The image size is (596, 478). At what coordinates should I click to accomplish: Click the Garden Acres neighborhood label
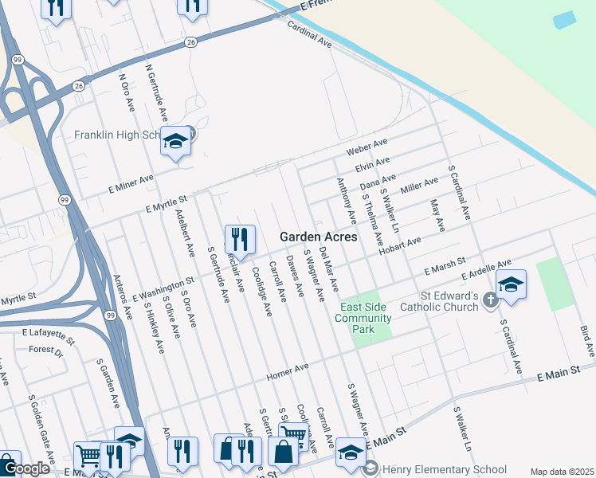[x=318, y=237]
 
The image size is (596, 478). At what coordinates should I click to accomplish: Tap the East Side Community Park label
[x=366, y=319]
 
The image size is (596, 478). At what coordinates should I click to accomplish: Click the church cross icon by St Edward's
[x=492, y=300]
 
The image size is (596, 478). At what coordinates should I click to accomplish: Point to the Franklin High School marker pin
[x=175, y=143]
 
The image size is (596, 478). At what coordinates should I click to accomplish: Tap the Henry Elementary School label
[x=444, y=469]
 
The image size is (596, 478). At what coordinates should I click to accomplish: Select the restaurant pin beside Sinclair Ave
[x=239, y=239]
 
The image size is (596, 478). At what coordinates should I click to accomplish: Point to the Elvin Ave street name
[x=371, y=165]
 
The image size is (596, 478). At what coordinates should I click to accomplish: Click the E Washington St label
[x=163, y=291]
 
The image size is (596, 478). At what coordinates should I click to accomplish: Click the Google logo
[x=25, y=469]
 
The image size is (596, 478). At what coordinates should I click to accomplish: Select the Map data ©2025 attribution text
[x=562, y=472]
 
